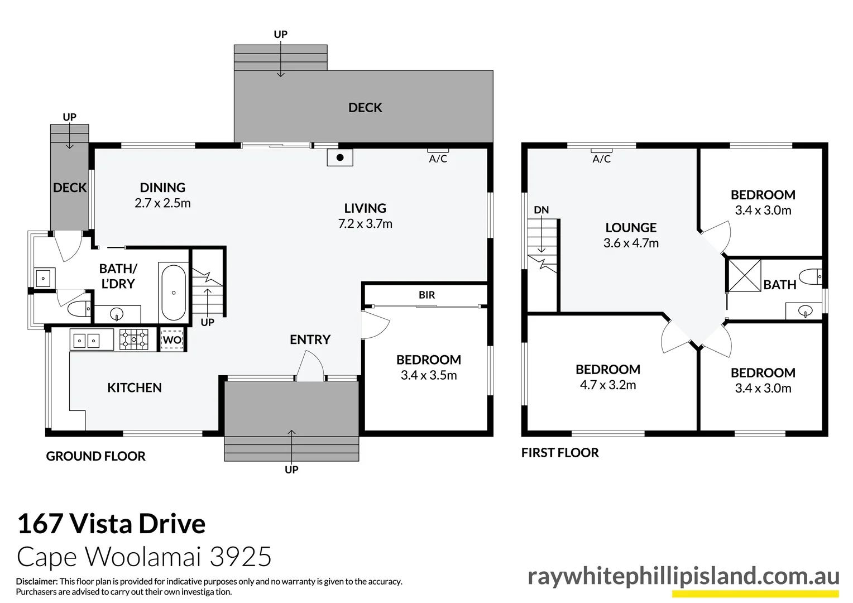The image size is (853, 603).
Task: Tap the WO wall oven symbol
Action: (172, 339)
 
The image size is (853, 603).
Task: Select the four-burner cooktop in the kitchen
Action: (135, 339)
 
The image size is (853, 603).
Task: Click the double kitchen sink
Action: (86, 339)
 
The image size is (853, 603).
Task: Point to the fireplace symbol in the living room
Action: (339, 157)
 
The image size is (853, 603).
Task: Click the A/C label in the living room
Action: (438, 159)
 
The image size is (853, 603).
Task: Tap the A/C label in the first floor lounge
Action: (601, 159)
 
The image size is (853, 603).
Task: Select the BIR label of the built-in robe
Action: (426, 295)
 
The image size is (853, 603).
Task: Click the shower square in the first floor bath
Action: (744, 275)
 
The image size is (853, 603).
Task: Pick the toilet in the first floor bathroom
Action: (811, 276)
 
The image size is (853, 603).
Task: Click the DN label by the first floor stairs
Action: (541, 210)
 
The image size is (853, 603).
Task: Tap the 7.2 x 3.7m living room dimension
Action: (365, 224)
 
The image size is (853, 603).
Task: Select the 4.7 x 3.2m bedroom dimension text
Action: (607, 385)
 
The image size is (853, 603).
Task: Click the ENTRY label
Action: (310, 339)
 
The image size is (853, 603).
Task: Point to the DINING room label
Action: (162, 188)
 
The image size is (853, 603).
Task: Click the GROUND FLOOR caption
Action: (95, 456)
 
